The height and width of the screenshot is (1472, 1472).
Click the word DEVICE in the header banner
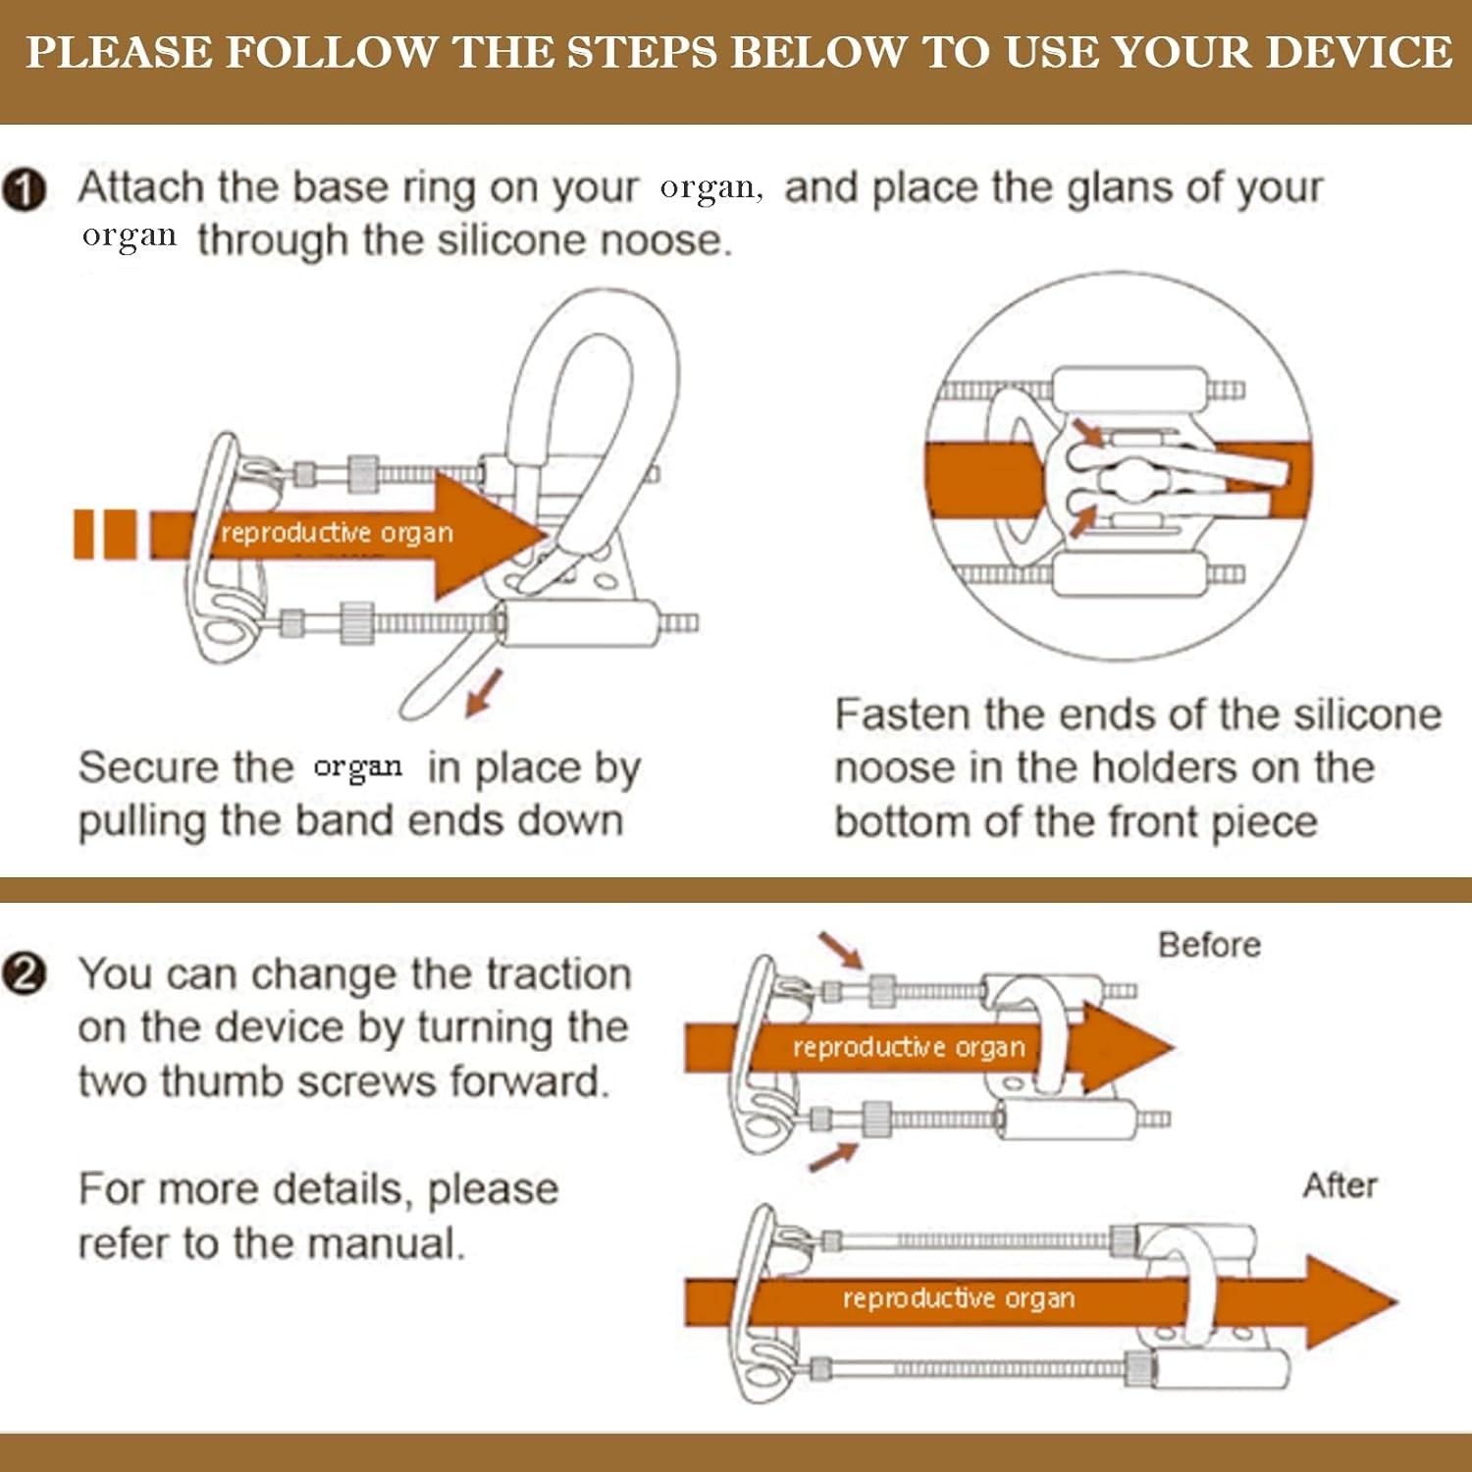[1358, 52]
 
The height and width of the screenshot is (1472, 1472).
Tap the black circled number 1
[25, 189]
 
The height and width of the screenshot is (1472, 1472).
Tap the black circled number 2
[25, 975]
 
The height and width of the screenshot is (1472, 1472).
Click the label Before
[1209, 944]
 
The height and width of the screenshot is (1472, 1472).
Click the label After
[1340, 1185]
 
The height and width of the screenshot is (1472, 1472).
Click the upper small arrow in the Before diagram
[840, 950]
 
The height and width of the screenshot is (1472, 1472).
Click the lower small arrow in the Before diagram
[832, 1156]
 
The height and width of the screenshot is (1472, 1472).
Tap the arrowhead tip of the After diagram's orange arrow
[1397, 1302]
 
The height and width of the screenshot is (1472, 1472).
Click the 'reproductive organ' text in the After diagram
[959, 1298]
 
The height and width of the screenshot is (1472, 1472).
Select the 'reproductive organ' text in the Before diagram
[909, 1047]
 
